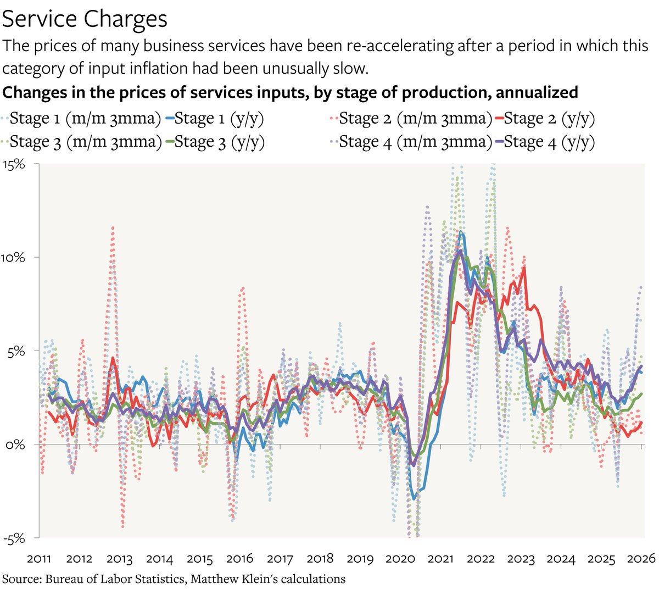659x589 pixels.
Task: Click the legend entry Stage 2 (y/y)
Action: [x=549, y=118]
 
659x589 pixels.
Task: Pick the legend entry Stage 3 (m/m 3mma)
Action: [x=85, y=142]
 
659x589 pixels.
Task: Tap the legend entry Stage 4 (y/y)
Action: [x=549, y=142]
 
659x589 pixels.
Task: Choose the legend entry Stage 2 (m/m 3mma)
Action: [x=415, y=118]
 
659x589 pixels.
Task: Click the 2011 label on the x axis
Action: [x=40, y=559]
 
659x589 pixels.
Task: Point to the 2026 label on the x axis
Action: [x=641, y=559]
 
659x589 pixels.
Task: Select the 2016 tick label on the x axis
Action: [x=240, y=559]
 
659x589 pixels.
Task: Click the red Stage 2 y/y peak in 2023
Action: [x=524, y=268]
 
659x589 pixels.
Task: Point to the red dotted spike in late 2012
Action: [x=113, y=227]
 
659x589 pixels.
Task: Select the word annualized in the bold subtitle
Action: [x=530, y=92]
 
